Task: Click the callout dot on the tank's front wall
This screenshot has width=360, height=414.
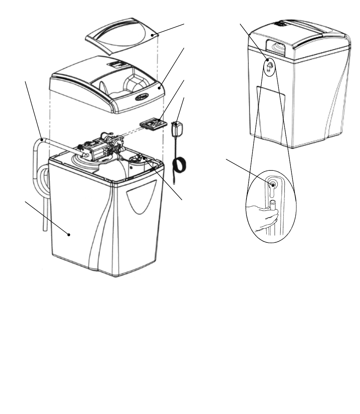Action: (69, 235)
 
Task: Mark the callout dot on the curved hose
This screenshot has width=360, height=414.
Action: (42, 138)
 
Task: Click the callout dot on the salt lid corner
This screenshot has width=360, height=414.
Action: (152, 35)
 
